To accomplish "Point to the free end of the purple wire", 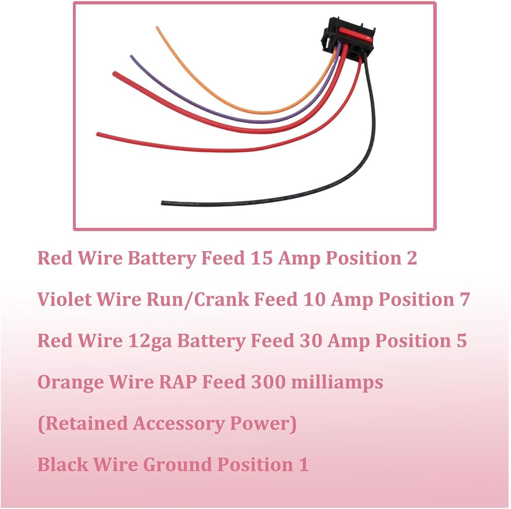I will (132, 57).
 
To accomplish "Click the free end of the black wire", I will (164, 203).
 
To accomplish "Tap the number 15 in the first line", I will (262, 258).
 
